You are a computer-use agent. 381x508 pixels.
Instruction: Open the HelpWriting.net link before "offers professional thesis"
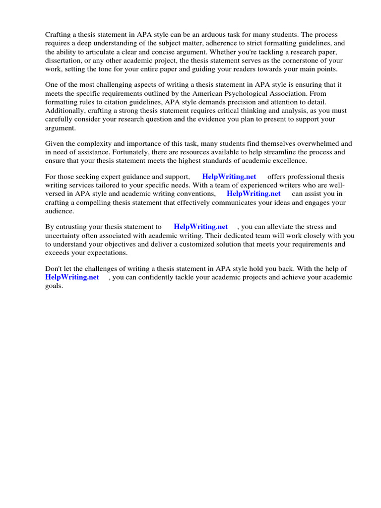(229, 177)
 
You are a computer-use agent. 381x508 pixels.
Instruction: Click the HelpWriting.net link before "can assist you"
(254, 194)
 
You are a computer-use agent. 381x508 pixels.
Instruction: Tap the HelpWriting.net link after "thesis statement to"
(200, 227)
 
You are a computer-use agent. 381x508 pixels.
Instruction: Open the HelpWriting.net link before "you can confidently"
(72, 278)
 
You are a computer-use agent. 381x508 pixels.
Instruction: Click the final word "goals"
(53, 286)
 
